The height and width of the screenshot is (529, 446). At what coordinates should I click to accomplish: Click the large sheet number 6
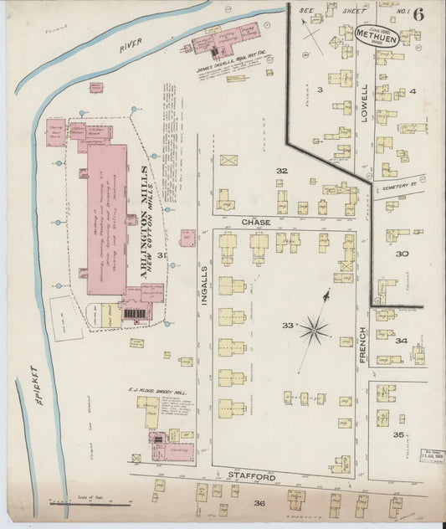(x=418, y=14)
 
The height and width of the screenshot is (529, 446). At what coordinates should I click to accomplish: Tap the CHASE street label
(x=254, y=222)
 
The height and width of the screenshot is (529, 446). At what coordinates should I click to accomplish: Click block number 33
(x=288, y=325)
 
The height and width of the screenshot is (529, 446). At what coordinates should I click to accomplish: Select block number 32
(x=282, y=171)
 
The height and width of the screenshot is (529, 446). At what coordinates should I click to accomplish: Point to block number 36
(x=259, y=503)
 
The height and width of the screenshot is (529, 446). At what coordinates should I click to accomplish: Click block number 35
(x=399, y=435)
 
